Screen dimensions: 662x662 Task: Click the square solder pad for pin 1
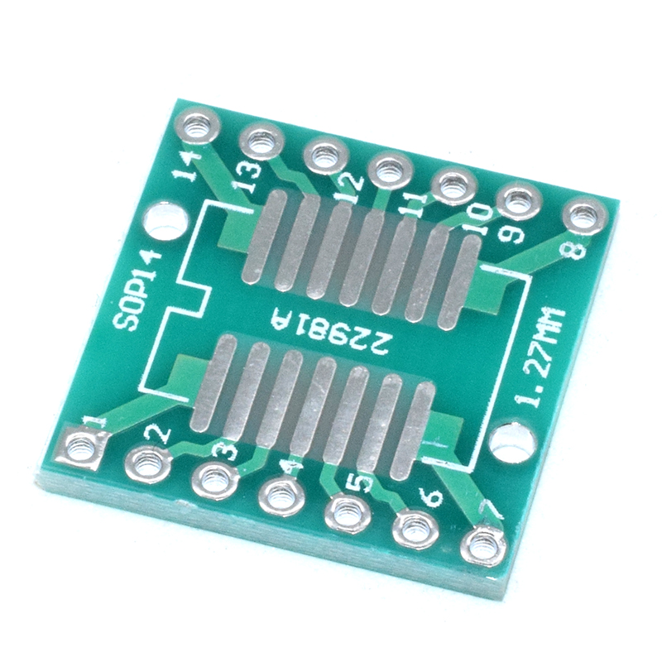tap(84, 447)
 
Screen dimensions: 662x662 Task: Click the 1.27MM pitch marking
tap(544, 359)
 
